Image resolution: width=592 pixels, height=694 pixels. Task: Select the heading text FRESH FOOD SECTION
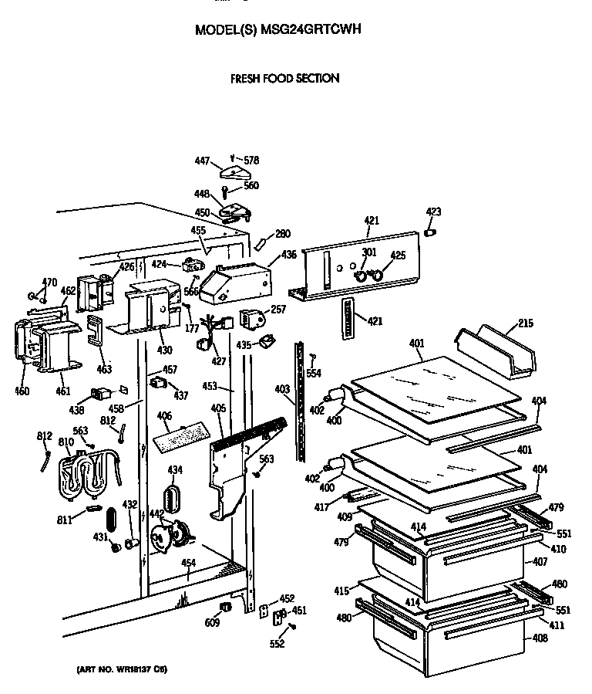tap(285, 78)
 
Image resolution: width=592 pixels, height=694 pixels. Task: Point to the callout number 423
tap(434, 212)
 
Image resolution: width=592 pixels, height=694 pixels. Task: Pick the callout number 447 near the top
tap(202, 161)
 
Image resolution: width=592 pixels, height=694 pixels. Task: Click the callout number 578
tap(251, 161)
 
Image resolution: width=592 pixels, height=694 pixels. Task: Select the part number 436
tap(288, 254)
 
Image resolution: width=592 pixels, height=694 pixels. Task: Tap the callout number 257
tap(278, 310)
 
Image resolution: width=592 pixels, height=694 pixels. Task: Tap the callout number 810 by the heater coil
tap(66, 442)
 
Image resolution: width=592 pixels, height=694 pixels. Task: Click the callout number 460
tap(22, 391)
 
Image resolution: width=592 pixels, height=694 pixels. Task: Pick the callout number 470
tap(49, 282)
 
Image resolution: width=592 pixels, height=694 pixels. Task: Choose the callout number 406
tap(163, 416)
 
